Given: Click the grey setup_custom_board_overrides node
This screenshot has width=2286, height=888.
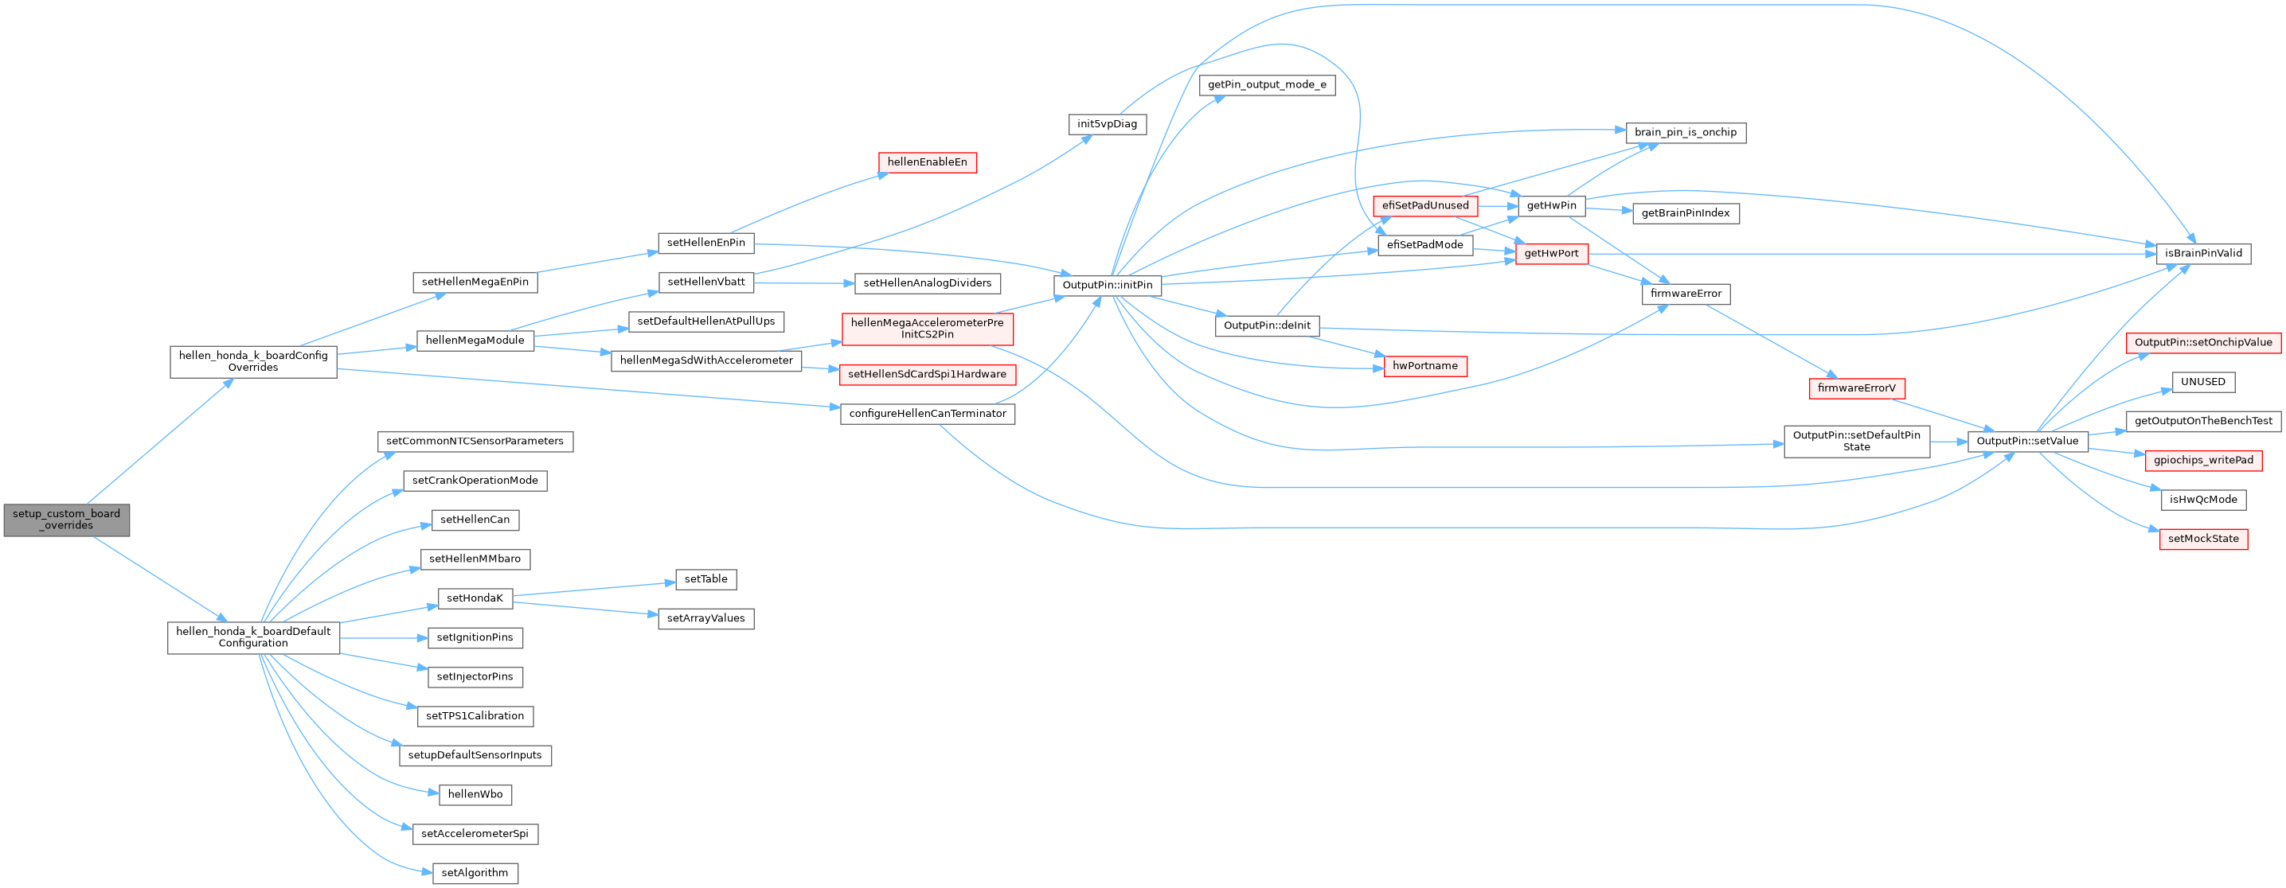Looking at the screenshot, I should tap(67, 520).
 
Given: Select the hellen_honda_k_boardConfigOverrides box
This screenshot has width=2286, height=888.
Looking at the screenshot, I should tap(253, 362).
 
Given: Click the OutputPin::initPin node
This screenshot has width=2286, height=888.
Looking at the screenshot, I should tap(1108, 285).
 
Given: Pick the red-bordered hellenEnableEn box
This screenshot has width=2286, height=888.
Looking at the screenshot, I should tap(927, 162).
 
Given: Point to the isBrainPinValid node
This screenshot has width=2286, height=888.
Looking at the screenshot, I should tap(2202, 254).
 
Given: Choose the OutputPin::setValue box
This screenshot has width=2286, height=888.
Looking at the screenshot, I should tap(2027, 441).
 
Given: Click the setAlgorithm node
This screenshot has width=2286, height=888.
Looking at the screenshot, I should tap(475, 873).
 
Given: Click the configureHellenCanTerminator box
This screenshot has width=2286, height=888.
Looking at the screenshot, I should tap(927, 414).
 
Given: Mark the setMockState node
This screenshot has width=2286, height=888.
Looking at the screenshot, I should tap(2202, 539).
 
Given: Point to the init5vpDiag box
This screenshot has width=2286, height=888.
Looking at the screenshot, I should tap(1107, 124).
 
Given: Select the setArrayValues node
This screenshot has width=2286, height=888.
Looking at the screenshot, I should tap(705, 618).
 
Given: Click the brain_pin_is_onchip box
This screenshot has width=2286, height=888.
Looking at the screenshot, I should tap(1685, 132).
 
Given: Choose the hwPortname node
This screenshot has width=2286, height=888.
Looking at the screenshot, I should tap(1425, 365).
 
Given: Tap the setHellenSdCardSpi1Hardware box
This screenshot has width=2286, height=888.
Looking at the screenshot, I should tap(927, 374).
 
